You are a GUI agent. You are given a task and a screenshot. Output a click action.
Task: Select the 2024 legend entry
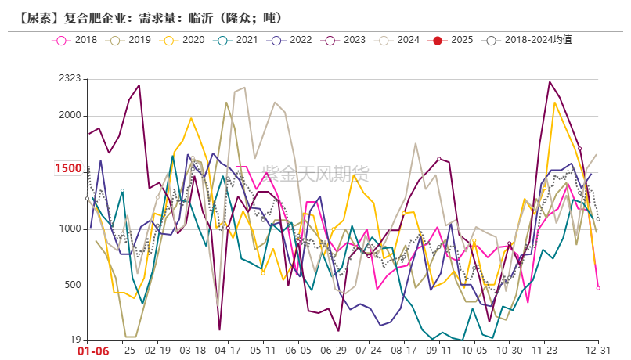[398, 39]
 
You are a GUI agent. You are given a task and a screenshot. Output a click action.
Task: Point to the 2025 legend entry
[452, 39]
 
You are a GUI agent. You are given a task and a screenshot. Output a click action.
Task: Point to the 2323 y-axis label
[70, 78]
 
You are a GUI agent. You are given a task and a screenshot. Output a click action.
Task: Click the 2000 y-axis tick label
[70, 116]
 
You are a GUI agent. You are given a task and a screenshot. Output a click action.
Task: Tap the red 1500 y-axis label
[68, 168]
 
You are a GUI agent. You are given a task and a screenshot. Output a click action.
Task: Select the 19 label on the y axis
[74, 340]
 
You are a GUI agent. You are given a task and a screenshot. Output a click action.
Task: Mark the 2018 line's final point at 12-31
[598, 288]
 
